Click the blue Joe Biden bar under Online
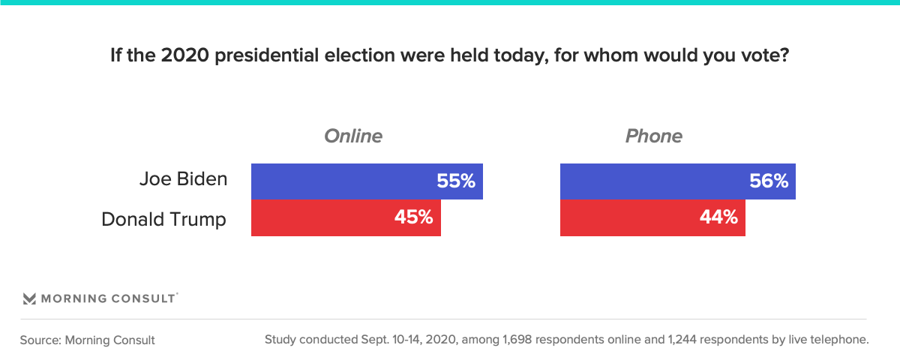[367, 181]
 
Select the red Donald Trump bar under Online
[346, 217]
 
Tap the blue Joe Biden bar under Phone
[678, 181]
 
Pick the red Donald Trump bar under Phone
[652, 217]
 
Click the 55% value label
[456, 181]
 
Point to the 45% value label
[414, 217]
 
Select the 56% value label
[769, 181]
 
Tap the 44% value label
[718, 217]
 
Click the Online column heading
[353, 136]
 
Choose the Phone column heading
[654, 136]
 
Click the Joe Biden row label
[183, 178]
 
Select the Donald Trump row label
[164, 219]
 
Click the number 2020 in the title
[185, 55]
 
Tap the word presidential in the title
[267, 55]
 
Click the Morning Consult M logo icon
[29, 298]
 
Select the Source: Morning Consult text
[87, 340]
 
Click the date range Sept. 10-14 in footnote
[389, 340]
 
